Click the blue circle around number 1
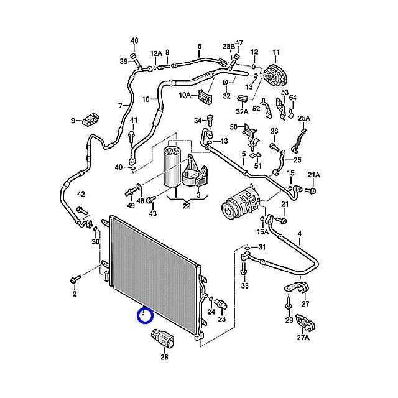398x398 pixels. [x=144, y=316]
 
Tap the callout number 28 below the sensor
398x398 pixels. [x=164, y=357]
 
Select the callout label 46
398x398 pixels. [x=134, y=41]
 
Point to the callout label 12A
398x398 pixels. [x=155, y=53]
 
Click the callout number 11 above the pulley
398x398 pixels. [x=276, y=52]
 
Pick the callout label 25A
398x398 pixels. [x=303, y=118]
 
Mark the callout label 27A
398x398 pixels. [x=303, y=338]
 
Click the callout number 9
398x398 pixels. [x=73, y=120]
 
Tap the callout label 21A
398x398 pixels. [x=313, y=175]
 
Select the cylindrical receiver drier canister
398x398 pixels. [x=172, y=164]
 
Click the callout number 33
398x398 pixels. [x=244, y=285]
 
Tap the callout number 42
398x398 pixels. [x=80, y=195]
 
